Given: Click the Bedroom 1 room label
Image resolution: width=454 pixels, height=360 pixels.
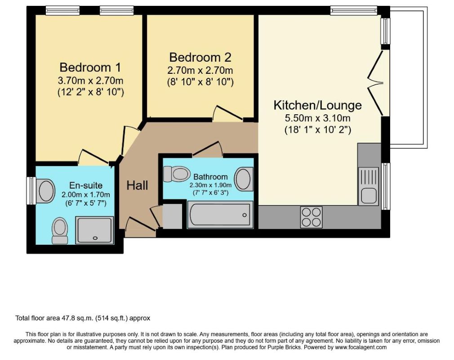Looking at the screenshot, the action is coord(90,67).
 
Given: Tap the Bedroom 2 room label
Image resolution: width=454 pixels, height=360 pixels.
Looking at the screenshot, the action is coord(200,57).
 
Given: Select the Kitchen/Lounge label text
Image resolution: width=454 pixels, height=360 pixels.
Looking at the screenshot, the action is coord(318,105).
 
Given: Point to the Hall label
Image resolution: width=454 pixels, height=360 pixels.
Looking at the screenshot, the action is coord(137,185).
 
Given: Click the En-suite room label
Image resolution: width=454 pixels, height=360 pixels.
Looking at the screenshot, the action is coord(86,185).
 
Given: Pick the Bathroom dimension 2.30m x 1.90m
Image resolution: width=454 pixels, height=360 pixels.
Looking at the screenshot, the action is coord(210,185).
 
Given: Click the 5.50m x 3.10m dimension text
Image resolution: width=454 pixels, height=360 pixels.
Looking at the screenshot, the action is coord(318,118).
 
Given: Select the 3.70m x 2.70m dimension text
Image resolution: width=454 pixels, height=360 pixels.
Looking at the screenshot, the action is coord(90,80).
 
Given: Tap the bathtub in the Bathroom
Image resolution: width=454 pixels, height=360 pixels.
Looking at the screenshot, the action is coord(220,215).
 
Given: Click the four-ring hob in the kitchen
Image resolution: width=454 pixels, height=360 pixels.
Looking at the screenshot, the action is coord(311,217).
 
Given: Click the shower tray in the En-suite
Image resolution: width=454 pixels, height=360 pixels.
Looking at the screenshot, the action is coord(94,230).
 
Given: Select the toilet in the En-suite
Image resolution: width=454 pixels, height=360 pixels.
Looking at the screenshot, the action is coord(60,231).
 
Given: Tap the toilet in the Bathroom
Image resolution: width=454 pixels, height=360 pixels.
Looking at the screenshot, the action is coord(177,174).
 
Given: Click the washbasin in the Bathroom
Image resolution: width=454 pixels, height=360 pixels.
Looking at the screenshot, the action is coord(244,179).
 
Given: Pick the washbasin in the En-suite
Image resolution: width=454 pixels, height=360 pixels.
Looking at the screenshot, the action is coord(46,191).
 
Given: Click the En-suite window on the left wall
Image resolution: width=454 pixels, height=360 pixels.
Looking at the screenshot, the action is coord(31,191).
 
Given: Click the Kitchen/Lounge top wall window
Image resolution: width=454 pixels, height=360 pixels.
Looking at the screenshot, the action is coord(354,10).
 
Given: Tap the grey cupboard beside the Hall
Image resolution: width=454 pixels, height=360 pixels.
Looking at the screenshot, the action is coord(172,216).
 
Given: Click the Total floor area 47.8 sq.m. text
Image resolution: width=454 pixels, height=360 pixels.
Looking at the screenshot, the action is coord(83,318).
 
